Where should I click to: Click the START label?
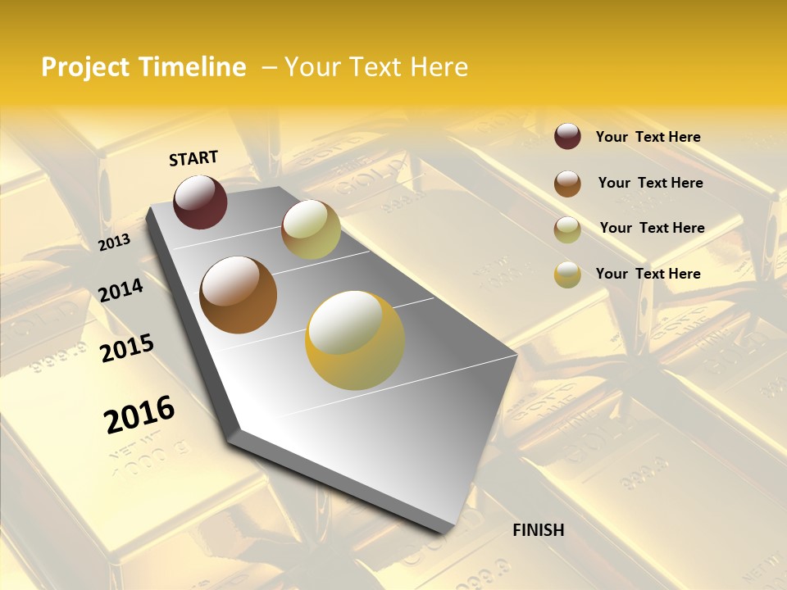pos(193,158)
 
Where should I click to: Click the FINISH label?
pos(538,530)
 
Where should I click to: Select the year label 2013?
pos(114,243)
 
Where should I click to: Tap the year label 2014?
pos(121,290)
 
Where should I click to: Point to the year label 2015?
pos(127,348)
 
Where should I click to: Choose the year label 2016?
pos(139,414)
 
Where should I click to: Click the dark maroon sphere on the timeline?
pos(200,202)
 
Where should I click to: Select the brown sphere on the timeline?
pos(239,294)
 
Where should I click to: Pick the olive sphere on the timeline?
pos(311,229)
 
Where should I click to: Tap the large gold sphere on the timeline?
pos(355,340)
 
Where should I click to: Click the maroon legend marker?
pos(567,136)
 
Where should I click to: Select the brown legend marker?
pos(567,184)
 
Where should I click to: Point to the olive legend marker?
pos(567,229)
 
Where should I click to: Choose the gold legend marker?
pos(567,275)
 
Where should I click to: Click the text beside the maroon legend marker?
pos(648,137)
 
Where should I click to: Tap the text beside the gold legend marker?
pos(648,274)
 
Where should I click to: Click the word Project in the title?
pos(84,67)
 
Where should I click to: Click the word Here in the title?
pos(439,67)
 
